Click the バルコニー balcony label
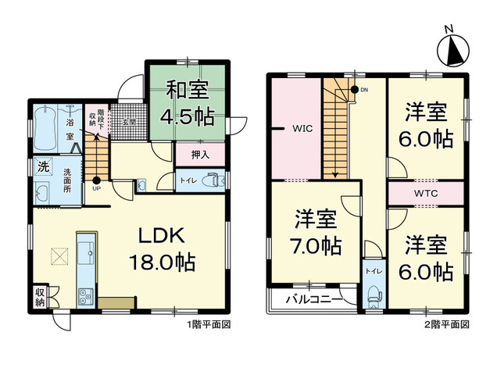click(312, 299)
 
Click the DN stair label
click(362, 89)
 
